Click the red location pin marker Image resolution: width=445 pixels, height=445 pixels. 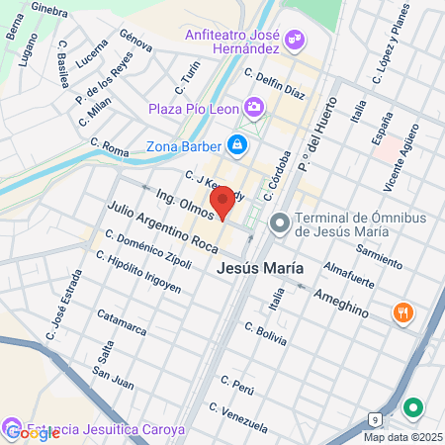point(222,201)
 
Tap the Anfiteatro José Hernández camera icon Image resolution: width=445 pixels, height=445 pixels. point(293,41)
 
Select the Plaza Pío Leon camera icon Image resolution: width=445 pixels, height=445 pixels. point(254,106)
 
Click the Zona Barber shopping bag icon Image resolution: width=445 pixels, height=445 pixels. point(237,146)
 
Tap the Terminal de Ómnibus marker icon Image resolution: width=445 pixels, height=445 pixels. point(280,224)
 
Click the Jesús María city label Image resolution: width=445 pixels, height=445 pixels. point(259,268)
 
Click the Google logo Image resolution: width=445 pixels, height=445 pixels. point(32,432)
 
